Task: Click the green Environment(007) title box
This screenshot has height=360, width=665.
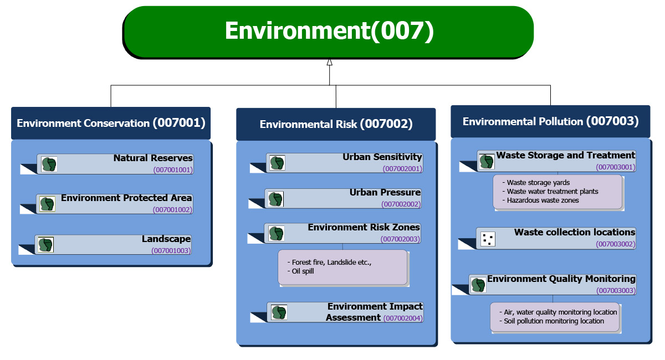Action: click(x=328, y=31)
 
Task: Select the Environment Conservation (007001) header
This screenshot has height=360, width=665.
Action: click(x=111, y=123)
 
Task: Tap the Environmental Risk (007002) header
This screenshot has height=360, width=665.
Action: click(x=336, y=124)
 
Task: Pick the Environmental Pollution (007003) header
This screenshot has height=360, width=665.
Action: click(x=550, y=121)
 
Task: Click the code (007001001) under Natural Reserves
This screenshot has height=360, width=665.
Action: click(x=173, y=170)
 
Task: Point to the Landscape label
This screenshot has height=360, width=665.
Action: click(x=166, y=239)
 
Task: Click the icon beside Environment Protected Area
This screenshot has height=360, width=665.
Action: click(x=48, y=204)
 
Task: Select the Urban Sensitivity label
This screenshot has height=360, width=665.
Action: click(x=382, y=157)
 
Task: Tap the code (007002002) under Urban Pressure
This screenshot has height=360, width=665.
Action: click(x=401, y=204)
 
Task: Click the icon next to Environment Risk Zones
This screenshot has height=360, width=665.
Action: click(x=277, y=233)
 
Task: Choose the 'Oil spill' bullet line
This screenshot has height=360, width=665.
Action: click(x=303, y=271)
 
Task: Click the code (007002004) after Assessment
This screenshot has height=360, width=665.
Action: click(x=403, y=318)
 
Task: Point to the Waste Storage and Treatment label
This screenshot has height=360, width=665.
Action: click(x=565, y=156)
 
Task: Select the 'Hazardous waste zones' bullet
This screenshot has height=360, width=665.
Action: click(x=543, y=200)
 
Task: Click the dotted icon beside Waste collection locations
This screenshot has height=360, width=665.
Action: click(x=488, y=239)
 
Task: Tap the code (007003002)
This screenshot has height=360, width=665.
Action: click(x=615, y=244)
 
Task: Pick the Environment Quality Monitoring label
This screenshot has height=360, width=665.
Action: click(x=561, y=279)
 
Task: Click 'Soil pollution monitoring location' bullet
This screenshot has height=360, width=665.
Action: click(x=554, y=321)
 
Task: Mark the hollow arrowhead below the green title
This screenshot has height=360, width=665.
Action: click(x=329, y=62)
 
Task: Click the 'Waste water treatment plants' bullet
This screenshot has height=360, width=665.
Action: click(x=553, y=192)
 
